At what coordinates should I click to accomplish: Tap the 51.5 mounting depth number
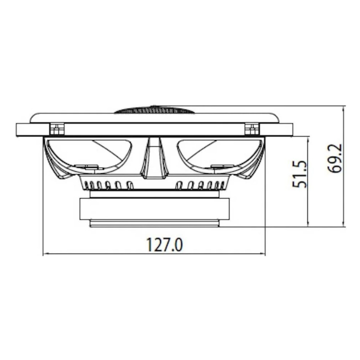(x=299, y=174)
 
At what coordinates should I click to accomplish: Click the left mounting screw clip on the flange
(x=57, y=129)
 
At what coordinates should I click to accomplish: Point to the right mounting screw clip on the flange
(x=252, y=129)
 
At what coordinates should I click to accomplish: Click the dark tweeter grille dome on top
(x=154, y=109)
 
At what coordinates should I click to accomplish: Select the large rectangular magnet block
(x=154, y=209)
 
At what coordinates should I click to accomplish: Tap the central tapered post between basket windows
(x=154, y=158)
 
